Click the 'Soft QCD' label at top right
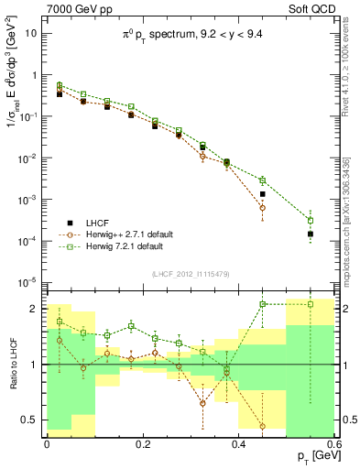pyautogui.click(x=311, y=8)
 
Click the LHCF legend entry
pyautogui.click(x=96, y=223)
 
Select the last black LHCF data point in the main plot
pyautogui.click(x=311, y=234)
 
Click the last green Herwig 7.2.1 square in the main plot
pyautogui.click(x=311, y=221)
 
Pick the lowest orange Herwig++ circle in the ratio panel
pyautogui.click(x=263, y=426)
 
